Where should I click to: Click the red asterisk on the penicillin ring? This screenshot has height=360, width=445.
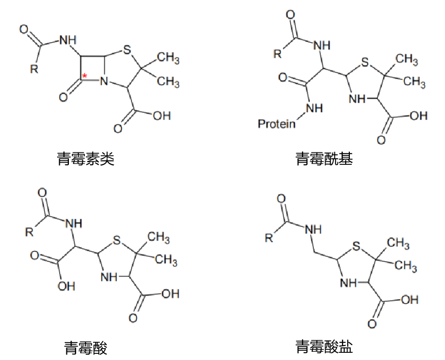click(x=84, y=76)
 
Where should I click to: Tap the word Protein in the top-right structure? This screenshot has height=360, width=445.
click(x=276, y=124)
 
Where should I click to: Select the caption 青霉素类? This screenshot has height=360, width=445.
click(x=86, y=159)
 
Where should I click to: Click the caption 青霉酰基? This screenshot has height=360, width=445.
click(x=324, y=159)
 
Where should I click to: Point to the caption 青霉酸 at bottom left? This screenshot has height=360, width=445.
click(x=86, y=348)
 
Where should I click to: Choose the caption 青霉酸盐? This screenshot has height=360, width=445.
click(x=324, y=347)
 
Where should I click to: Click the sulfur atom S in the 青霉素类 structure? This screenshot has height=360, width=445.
click(x=127, y=50)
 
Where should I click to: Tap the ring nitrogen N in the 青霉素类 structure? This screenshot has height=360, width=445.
click(x=104, y=81)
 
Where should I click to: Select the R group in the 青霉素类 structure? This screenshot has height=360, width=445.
click(x=34, y=68)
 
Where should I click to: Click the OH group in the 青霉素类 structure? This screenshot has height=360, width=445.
click(x=162, y=116)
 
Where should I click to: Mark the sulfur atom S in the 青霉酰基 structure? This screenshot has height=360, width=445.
click(x=365, y=62)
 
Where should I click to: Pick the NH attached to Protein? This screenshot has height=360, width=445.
click(x=314, y=108)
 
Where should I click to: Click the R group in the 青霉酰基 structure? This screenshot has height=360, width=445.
click(x=277, y=54)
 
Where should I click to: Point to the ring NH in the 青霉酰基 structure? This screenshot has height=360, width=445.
click(x=357, y=99)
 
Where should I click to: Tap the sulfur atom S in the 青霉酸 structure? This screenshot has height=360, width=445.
click(x=117, y=240)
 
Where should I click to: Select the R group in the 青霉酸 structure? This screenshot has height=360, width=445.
click(x=29, y=232)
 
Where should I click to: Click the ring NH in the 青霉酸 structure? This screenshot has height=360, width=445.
click(x=109, y=277)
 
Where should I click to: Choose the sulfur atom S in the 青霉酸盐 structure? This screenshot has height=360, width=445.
click(x=356, y=246)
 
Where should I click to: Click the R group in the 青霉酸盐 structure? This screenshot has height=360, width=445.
click(x=269, y=237)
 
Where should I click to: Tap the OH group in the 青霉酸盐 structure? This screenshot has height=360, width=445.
click(x=410, y=299)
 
